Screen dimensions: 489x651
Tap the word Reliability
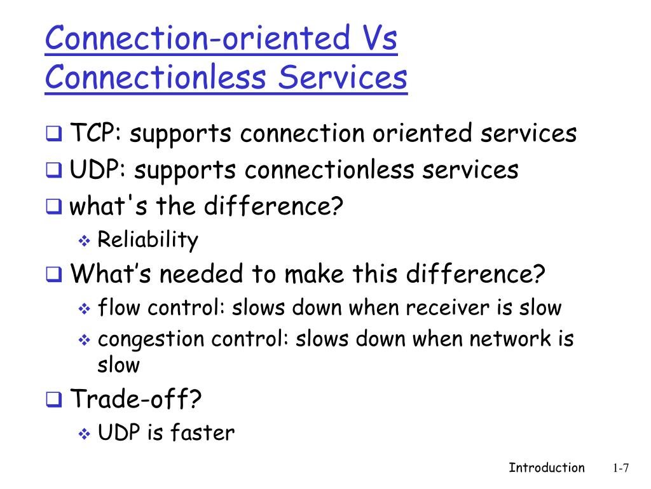pos(147,240)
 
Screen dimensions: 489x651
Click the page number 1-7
pos(620,469)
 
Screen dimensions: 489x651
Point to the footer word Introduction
pos(546,468)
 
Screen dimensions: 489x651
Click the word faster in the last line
pos(202,434)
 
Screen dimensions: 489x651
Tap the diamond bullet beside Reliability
pos(85,241)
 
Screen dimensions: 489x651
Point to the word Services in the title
pos(343,78)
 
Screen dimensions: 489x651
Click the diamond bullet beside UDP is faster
pos(85,434)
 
